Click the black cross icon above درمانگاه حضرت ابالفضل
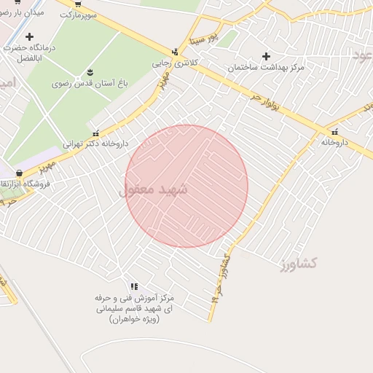(29, 36)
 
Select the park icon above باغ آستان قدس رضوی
(90, 71)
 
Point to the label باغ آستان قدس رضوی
(90, 84)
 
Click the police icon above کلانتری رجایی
(174, 52)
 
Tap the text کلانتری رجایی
(173, 63)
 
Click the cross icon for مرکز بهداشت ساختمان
(266, 55)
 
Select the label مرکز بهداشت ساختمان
(265, 67)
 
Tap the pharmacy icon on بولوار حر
(334, 132)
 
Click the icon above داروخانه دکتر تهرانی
(96, 133)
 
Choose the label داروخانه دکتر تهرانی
(95, 144)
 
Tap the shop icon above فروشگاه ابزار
(19, 173)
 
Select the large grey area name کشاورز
(297, 263)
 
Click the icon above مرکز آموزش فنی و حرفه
(133, 286)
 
